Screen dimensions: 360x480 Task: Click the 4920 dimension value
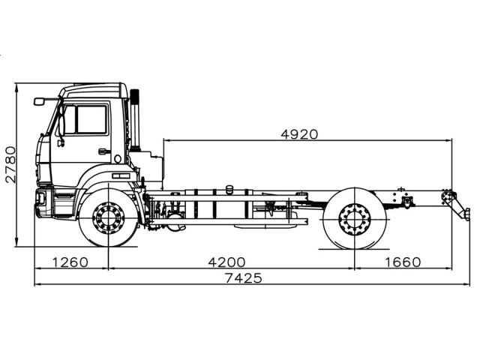[x=299, y=134]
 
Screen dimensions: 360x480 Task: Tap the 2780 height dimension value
[x=10, y=165]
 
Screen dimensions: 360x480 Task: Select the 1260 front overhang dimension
[x=71, y=262]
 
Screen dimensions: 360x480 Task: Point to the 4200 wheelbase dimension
[x=226, y=262]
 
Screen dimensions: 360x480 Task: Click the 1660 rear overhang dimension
[x=403, y=262]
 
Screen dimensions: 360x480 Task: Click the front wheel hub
[x=109, y=218]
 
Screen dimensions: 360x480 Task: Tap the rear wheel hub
[x=355, y=219]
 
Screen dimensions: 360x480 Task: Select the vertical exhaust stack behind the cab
[x=135, y=120]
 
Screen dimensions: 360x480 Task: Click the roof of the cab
[x=94, y=88]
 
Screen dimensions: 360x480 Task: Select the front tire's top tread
[x=109, y=192]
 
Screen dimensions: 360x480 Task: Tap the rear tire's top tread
[x=355, y=191]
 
